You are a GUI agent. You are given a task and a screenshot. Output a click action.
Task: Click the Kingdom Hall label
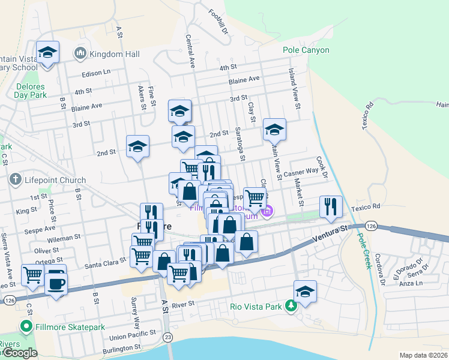coord(115,54)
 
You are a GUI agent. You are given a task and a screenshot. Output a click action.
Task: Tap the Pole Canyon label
coord(306,50)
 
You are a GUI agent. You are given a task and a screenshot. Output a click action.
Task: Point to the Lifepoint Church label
coord(55,179)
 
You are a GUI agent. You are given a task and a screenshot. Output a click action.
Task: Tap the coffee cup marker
coord(56,283)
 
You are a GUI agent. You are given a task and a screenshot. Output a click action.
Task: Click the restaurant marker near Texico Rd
coord(331,206)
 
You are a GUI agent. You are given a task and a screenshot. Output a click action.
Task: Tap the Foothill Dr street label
coord(218,20)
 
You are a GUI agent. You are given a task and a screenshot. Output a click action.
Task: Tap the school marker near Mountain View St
coord(274,129)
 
